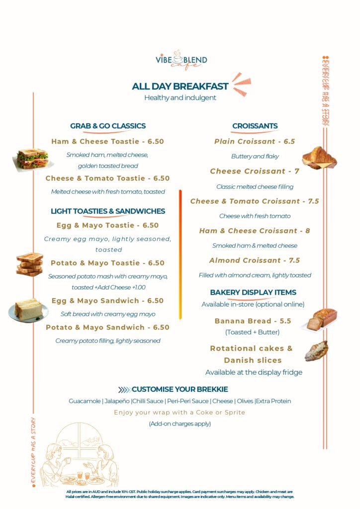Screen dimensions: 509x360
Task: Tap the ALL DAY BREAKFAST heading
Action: click(x=180, y=86)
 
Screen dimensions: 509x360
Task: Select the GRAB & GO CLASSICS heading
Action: click(x=108, y=126)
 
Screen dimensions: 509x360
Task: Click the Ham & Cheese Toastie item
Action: click(x=107, y=142)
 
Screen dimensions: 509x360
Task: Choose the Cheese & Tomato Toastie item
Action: click(x=107, y=178)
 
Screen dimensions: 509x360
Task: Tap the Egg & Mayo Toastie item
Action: click(x=107, y=226)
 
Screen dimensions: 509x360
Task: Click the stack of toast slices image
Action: click(x=30, y=264)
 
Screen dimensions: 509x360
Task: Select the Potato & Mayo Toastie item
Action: click(x=107, y=263)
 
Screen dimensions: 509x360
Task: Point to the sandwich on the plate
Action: click(x=28, y=310)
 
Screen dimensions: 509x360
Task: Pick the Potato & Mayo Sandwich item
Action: click(x=107, y=328)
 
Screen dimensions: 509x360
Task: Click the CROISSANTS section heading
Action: click(x=255, y=126)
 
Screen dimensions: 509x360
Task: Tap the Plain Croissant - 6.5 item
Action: click(x=255, y=142)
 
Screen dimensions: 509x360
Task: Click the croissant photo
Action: click(x=319, y=158)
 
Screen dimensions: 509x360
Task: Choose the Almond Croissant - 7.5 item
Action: click(x=255, y=260)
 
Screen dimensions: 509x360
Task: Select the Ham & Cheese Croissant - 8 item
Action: click(x=255, y=231)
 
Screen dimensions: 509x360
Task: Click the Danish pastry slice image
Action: click(x=316, y=351)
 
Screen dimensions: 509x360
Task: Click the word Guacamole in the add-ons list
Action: click(x=85, y=401)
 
